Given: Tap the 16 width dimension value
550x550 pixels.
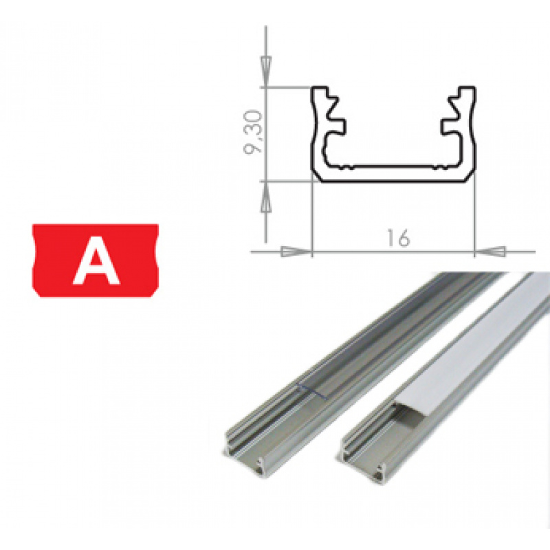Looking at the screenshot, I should coord(397,238).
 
